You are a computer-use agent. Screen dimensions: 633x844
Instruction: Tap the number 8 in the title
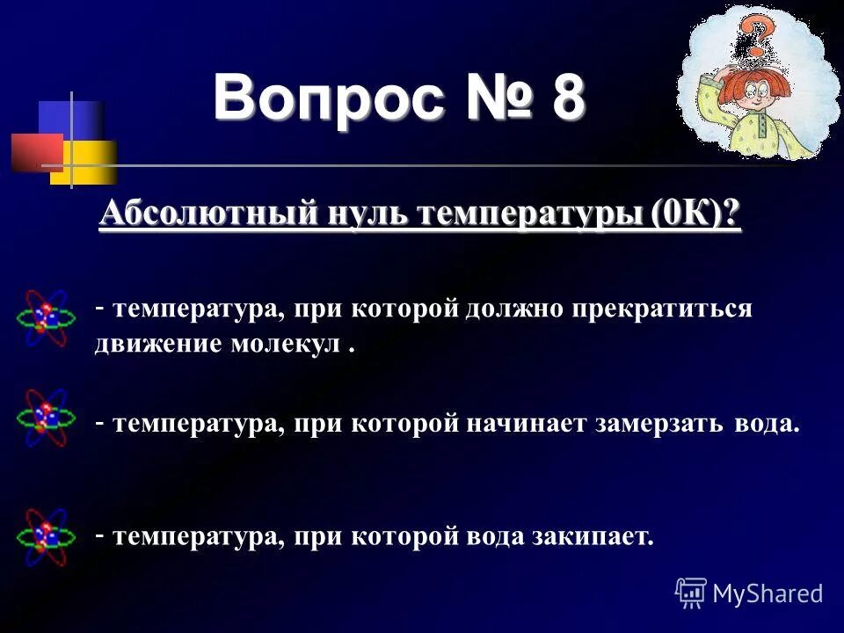[x=567, y=98]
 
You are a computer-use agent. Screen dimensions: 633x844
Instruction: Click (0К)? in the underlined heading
[x=695, y=215]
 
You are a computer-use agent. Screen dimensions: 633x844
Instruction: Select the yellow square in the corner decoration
[x=88, y=164]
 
